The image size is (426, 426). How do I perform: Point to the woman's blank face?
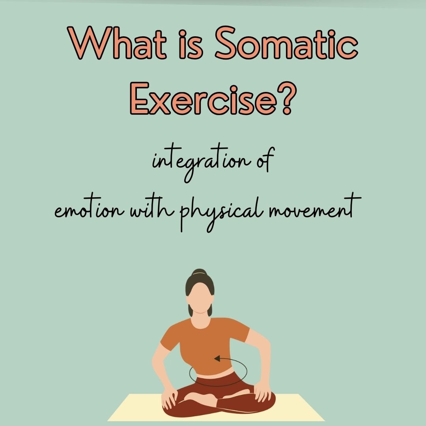(x=200, y=296)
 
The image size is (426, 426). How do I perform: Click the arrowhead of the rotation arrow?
(x=216, y=359)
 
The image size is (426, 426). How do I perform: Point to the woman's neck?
(x=200, y=316)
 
